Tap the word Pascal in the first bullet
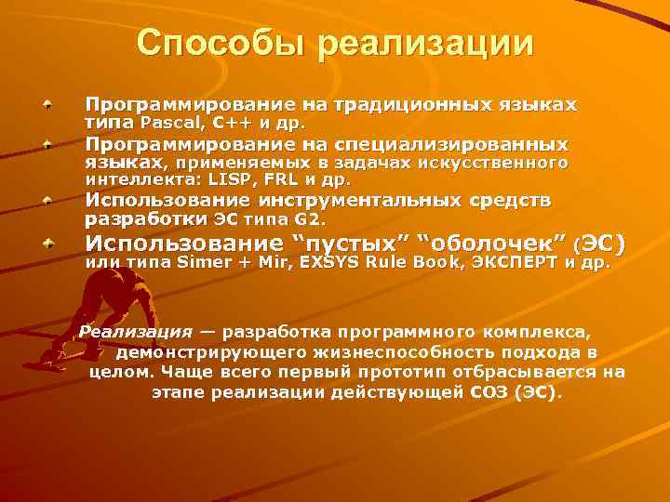click(x=166, y=122)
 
